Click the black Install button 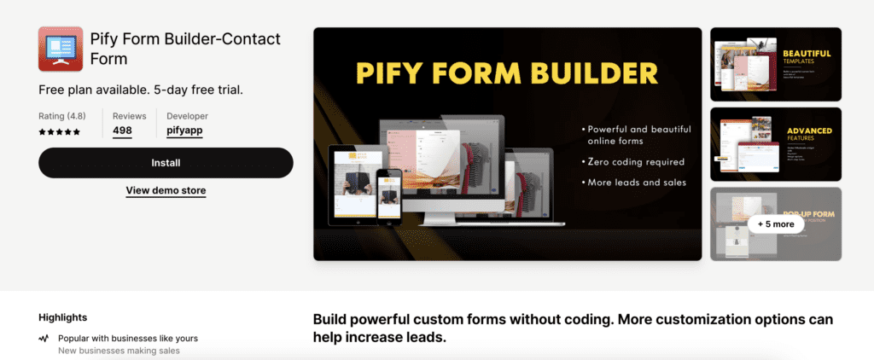(166, 162)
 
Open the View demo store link (166, 190)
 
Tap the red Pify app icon (61, 49)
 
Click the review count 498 (122, 131)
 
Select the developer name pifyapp (184, 131)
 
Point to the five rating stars (60, 132)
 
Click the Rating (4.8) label (62, 116)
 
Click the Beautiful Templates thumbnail (776, 64)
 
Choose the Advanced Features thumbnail (776, 144)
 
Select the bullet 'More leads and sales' (637, 182)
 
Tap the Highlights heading (62, 317)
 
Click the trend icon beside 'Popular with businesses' (44, 339)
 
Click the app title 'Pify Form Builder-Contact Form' (184, 49)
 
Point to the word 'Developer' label (187, 116)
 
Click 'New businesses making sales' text (119, 351)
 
